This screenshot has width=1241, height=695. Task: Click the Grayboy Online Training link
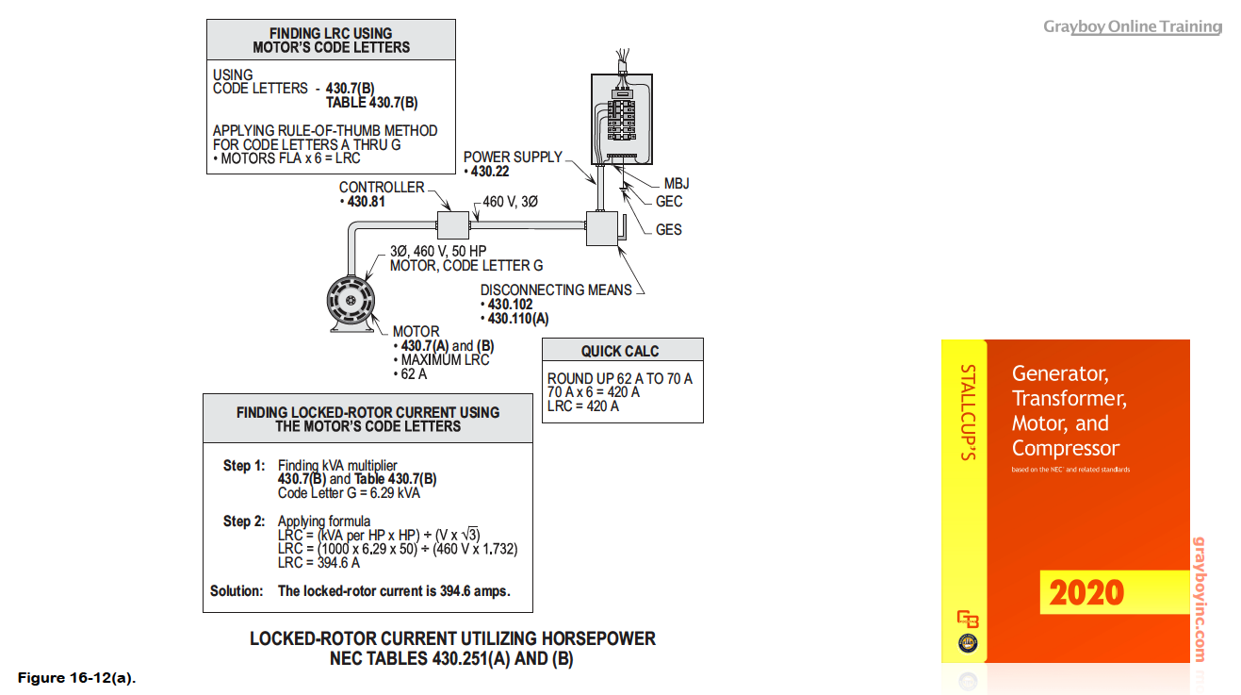tap(1132, 26)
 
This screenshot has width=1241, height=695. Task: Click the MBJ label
tap(677, 184)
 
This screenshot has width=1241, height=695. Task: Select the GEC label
tap(669, 201)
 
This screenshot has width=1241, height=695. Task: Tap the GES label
tap(669, 229)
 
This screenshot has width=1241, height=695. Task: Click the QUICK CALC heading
tap(620, 351)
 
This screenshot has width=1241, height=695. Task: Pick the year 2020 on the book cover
tap(1086, 593)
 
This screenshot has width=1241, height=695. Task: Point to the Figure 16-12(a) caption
tap(76, 677)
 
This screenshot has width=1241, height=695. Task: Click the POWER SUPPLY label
tap(513, 157)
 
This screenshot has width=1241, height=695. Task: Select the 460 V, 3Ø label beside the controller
tap(510, 201)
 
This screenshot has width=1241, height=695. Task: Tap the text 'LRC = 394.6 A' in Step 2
tap(318, 563)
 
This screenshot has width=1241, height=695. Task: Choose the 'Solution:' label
tap(237, 591)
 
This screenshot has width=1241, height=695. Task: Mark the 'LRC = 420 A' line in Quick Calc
tap(583, 406)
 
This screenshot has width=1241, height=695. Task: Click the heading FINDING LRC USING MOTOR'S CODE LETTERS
tap(331, 40)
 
